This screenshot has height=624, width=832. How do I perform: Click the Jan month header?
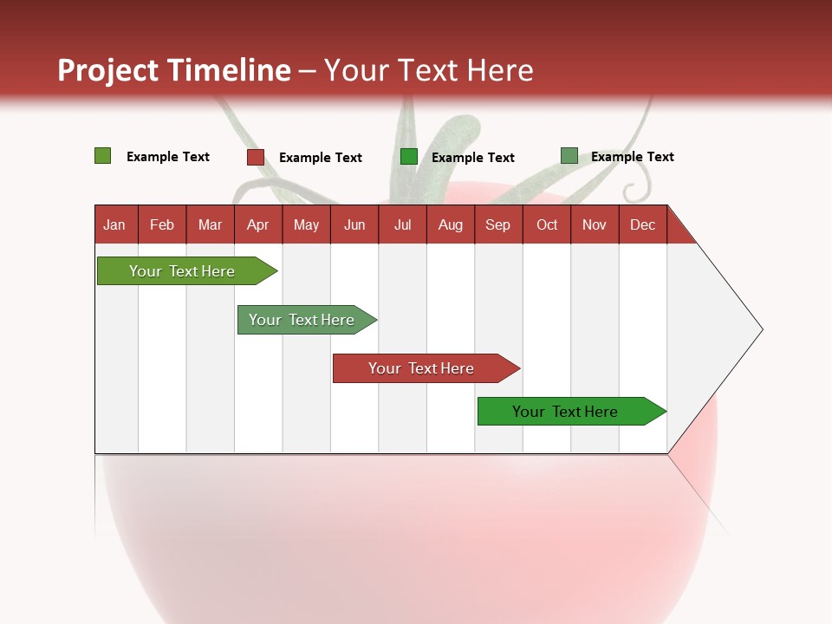point(114,224)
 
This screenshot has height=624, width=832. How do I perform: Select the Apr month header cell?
point(257,224)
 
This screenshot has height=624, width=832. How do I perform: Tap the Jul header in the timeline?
point(402,224)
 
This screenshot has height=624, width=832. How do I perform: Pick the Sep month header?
point(497,224)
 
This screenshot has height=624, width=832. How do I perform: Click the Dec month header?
point(642,224)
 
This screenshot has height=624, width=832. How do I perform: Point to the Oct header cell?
point(546,224)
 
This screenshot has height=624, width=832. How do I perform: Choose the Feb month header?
point(162,224)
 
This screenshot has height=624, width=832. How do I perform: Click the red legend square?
point(256,157)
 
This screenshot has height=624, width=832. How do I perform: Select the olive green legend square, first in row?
point(103,156)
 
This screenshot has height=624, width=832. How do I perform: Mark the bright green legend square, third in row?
point(409,157)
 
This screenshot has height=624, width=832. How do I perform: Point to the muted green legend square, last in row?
point(569,156)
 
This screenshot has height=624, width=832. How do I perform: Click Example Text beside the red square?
point(320,158)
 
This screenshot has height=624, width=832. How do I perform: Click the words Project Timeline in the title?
point(173,70)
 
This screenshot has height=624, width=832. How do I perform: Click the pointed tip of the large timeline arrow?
point(760,329)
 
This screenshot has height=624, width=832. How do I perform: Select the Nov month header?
point(594,224)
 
